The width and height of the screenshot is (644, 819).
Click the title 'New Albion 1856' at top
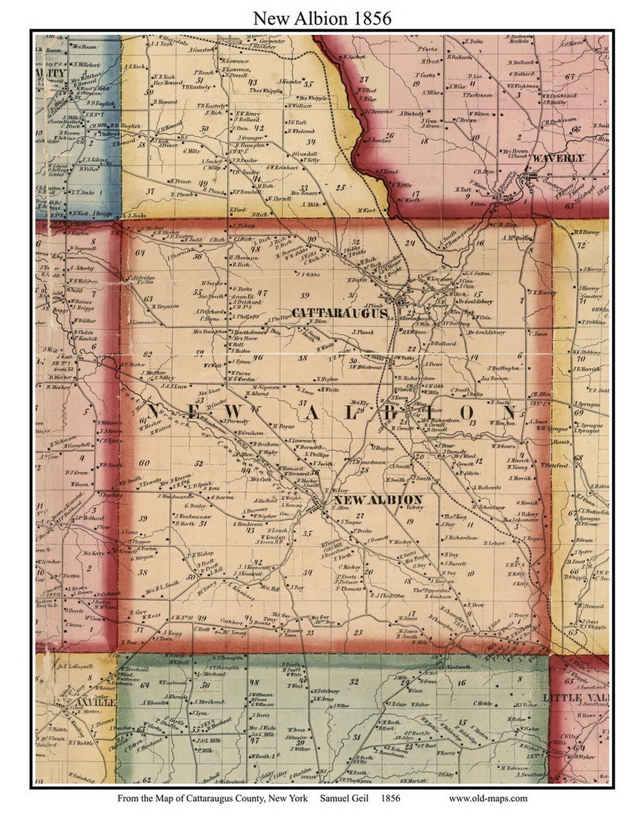(322, 18)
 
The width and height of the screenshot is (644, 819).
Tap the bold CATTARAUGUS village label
(340, 313)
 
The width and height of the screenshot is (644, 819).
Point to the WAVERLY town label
(558, 158)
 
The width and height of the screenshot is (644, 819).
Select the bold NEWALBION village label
(378, 500)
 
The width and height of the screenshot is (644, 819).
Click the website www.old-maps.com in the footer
(488, 798)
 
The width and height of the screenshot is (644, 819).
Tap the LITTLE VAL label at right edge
(575, 698)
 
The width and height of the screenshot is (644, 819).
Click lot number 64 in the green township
(145, 685)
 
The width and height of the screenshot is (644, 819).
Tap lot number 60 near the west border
(144, 463)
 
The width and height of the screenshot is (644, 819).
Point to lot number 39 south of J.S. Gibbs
(304, 296)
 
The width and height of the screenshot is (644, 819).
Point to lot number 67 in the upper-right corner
(570, 76)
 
